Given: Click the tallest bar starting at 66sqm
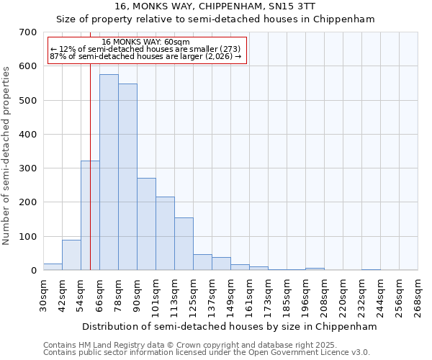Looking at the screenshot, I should (109, 173).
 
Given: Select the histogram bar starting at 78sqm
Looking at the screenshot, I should (127, 177).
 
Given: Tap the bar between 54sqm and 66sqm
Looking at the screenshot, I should (90, 216).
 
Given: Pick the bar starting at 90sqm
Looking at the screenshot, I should (146, 224).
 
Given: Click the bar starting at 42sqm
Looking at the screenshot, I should (71, 255).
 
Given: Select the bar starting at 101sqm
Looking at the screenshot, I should (165, 233).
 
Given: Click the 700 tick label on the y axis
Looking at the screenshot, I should (28, 32).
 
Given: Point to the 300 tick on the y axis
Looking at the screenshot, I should (28, 168).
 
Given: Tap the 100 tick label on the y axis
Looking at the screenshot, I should (28, 237).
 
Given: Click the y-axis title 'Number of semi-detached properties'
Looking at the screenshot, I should (6, 155).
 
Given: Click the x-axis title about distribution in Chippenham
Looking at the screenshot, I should (229, 326).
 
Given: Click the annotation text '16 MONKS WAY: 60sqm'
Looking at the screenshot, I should (146, 42).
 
